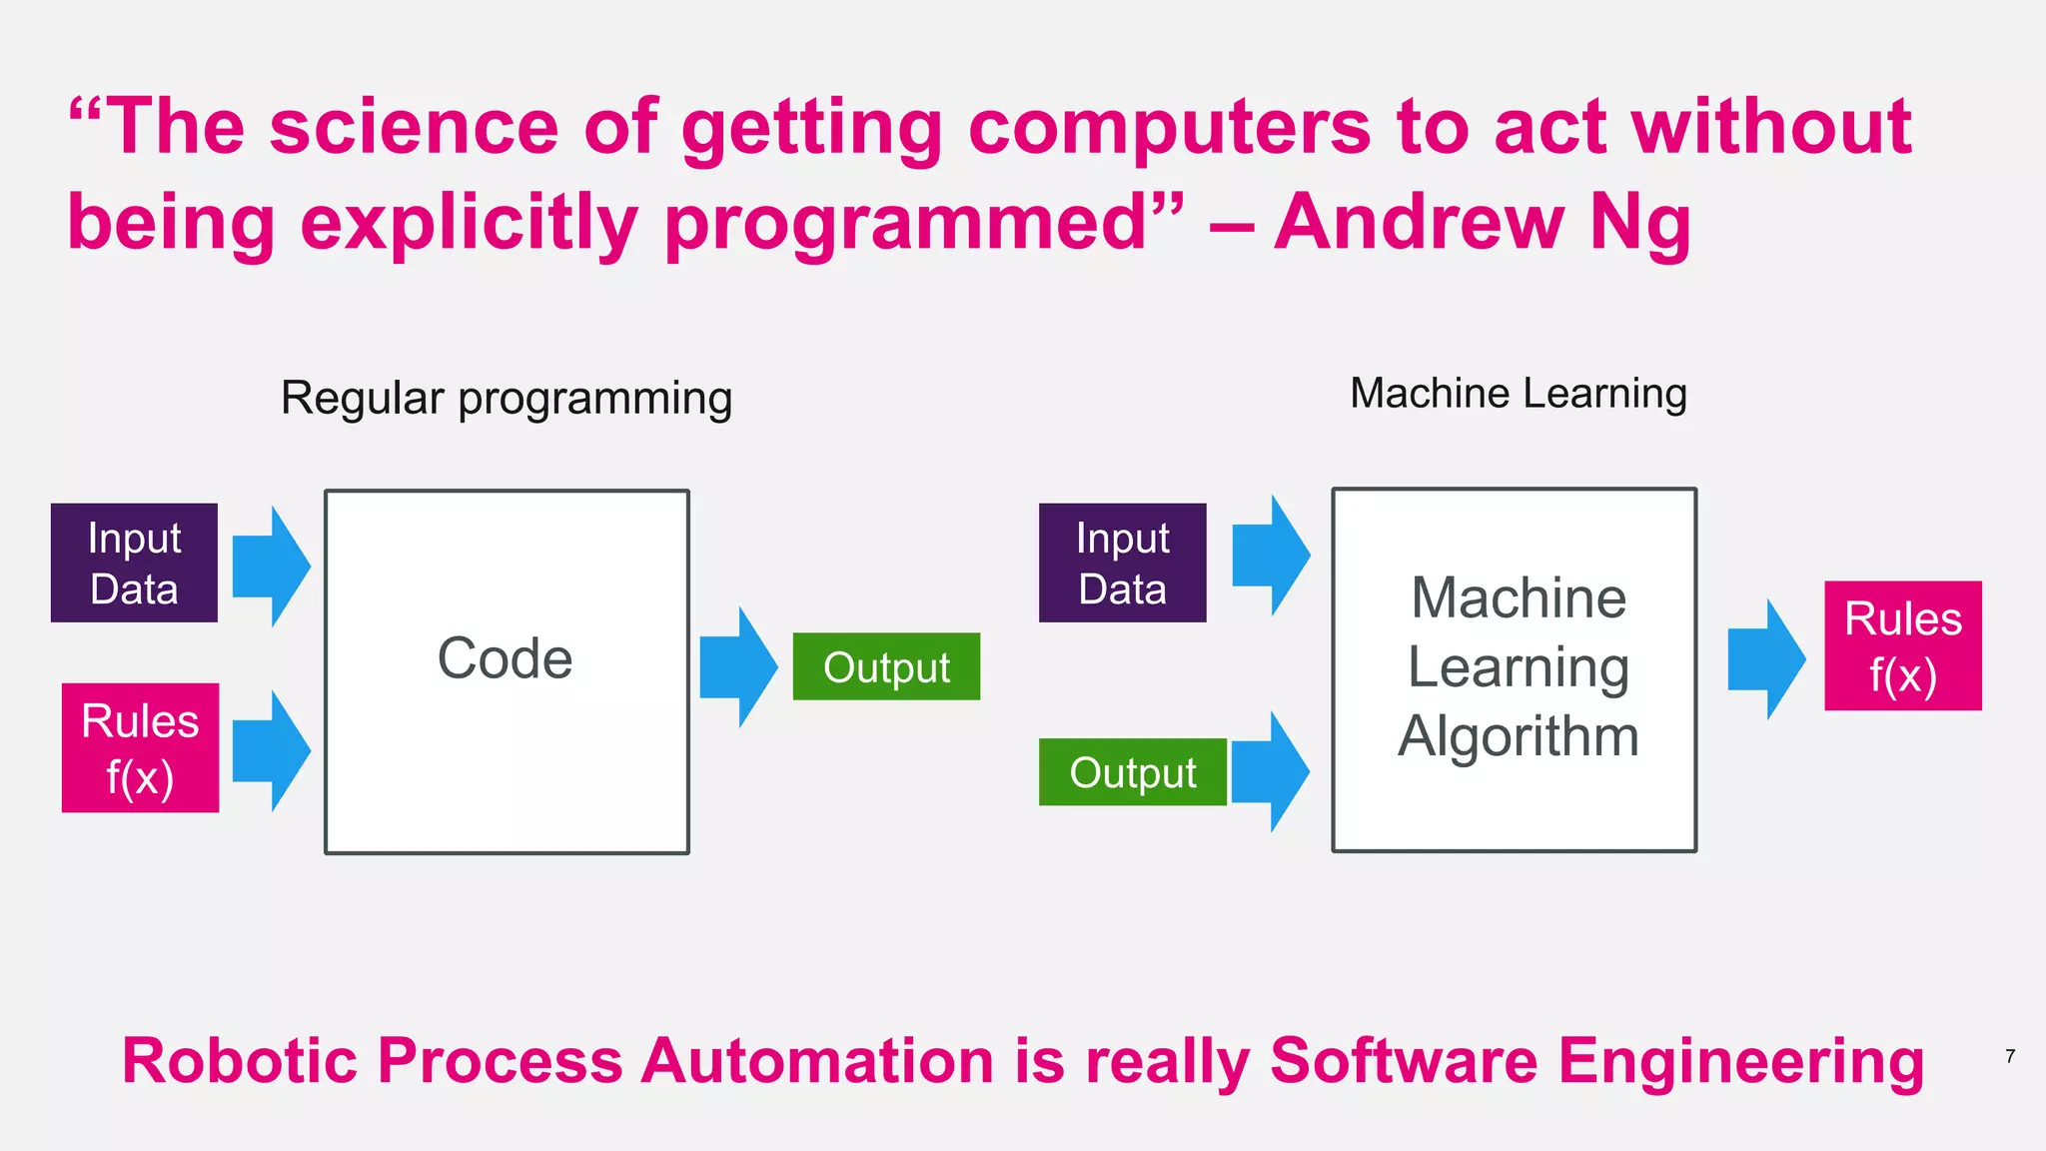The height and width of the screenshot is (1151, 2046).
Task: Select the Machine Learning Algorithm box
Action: pos(1514,669)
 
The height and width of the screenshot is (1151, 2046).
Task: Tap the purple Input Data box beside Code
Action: pos(134,563)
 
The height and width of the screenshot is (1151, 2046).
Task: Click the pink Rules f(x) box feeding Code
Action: pos(140,747)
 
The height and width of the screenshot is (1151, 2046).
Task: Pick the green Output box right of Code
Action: pos(886,666)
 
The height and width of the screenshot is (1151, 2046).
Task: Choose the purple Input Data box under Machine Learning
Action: pos(1122,563)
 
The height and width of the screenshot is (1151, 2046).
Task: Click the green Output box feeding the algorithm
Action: pos(1132,772)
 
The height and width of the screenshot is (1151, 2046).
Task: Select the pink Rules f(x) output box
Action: pos(1902,645)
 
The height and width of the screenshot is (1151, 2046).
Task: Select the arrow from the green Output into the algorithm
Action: pos(1270,772)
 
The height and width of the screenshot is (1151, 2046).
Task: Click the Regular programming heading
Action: pos(507,398)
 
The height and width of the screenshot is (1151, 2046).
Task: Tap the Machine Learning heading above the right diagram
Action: pos(1518,393)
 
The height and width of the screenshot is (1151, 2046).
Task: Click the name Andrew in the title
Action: pos(1420,222)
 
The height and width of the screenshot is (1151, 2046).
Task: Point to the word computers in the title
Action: pos(1170,128)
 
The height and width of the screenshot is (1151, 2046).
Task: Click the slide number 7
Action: pos(2010,1056)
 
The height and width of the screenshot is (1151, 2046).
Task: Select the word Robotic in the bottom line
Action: pos(239,1060)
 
